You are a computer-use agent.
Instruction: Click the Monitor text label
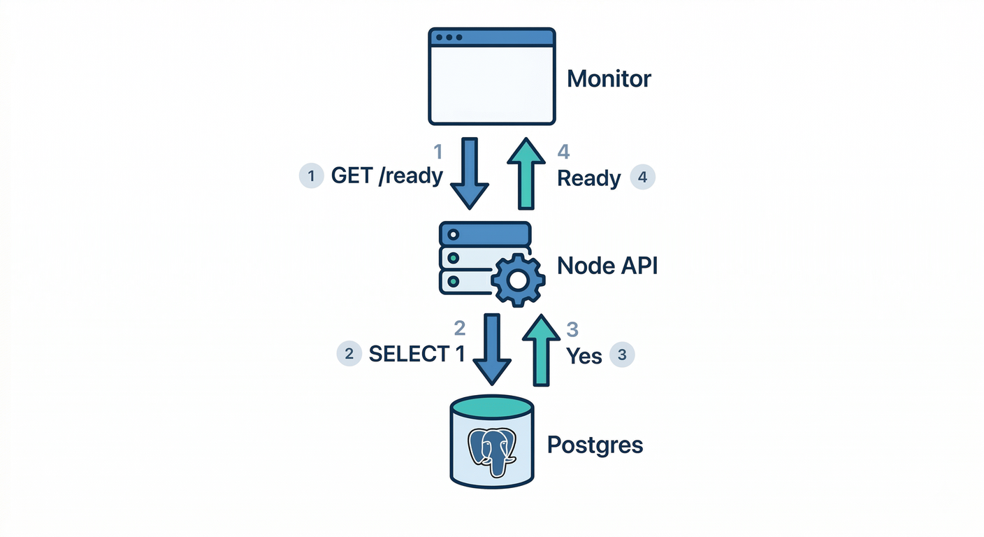click(609, 78)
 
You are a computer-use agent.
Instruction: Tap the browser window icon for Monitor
click(492, 76)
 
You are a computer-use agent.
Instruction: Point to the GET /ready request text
click(386, 176)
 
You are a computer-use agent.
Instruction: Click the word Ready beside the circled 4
click(588, 179)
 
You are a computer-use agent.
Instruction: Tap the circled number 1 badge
click(311, 176)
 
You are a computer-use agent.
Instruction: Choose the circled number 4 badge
click(642, 178)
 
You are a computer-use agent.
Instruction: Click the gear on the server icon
click(518, 280)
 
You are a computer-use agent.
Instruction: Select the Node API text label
click(607, 266)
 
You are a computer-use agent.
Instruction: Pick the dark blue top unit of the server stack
click(484, 234)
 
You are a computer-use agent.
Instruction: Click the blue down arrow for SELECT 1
click(492, 349)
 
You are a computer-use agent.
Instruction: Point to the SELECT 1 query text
click(417, 354)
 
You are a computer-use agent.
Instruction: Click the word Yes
click(584, 356)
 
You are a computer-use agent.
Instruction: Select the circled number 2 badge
click(349, 354)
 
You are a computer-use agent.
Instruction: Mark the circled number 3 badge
click(622, 355)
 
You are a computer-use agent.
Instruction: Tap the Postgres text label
click(595, 445)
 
